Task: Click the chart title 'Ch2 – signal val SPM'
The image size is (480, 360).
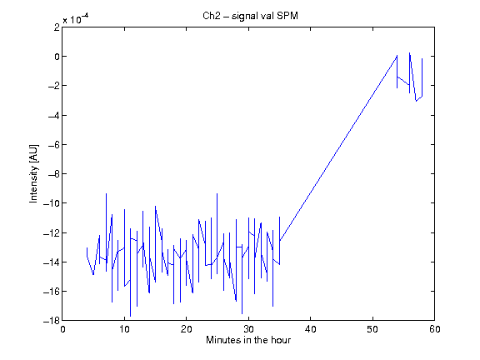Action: (x=250, y=16)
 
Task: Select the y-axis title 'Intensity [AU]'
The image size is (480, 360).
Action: (x=33, y=173)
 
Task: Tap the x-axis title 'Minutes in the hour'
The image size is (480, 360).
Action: (x=248, y=340)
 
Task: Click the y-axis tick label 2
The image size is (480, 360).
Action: (x=57, y=27)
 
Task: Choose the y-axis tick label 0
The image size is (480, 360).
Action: (x=57, y=57)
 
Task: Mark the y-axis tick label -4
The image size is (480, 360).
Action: (x=54, y=115)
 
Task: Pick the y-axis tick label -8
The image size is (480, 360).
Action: (x=54, y=174)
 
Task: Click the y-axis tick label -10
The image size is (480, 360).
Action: (x=52, y=203)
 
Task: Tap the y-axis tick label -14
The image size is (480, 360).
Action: (x=52, y=262)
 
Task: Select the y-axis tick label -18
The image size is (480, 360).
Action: (x=52, y=321)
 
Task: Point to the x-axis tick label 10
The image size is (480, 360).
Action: (x=125, y=329)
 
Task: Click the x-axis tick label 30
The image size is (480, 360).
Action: (x=248, y=329)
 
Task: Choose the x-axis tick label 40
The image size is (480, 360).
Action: (x=311, y=329)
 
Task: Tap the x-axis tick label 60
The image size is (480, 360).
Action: (x=435, y=329)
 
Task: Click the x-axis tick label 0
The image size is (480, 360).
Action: (x=62, y=329)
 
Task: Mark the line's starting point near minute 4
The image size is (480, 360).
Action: (x=87, y=247)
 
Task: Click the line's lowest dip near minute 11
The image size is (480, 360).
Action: (x=130, y=316)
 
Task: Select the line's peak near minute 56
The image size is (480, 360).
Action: (x=410, y=52)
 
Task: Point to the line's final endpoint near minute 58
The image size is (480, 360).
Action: (x=422, y=58)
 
